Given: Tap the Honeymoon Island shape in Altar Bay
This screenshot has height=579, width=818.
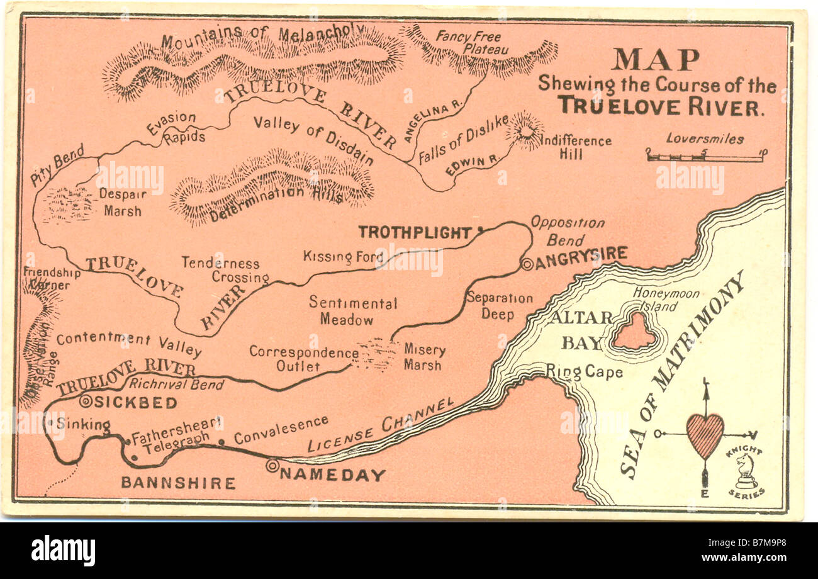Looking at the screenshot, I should (634, 332).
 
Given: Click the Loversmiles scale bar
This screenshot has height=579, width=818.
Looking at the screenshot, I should (705, 155).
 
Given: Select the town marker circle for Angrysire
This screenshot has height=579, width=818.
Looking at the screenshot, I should (527, 264).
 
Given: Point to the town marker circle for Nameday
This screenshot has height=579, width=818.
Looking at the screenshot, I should (272, 466).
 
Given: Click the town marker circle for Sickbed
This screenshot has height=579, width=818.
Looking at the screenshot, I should (86, 402).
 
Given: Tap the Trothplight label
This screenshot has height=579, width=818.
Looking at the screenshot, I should (415, 232).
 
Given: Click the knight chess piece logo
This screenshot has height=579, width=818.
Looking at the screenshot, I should (745, 472).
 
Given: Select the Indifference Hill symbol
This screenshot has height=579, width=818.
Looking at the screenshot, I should (524, 130).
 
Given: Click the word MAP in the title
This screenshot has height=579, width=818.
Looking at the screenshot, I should (655, 60).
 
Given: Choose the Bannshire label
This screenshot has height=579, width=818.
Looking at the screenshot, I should (178, 483).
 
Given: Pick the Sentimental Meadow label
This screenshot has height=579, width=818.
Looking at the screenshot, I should (352, 311).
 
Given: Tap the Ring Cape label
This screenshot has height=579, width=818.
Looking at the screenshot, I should (584, 372).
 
